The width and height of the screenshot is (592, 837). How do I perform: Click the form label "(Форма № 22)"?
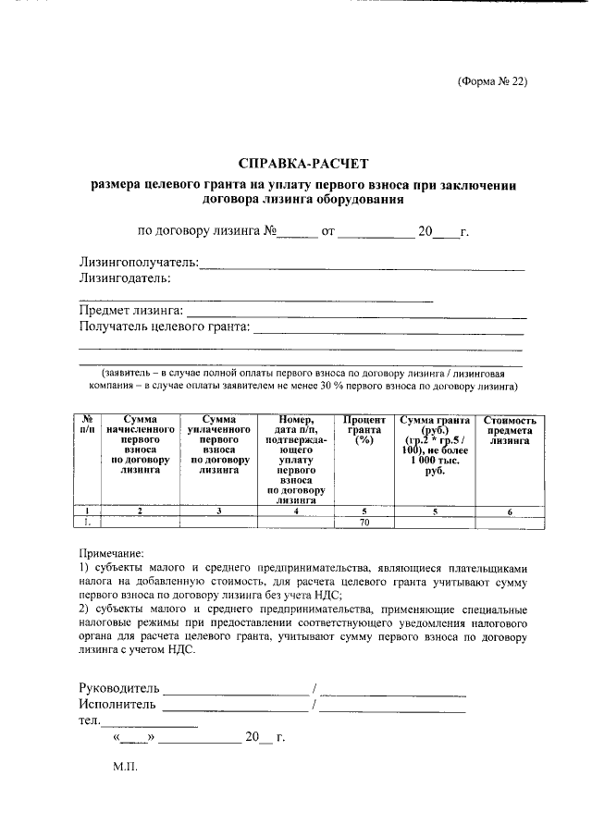point(492,80)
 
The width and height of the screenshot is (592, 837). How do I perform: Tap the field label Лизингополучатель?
point(140,263)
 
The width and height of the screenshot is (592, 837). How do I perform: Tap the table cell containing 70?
point(364,523)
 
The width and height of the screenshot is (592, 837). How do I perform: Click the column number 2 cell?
point(141,511)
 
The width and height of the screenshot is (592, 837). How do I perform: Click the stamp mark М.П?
point(125,769)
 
